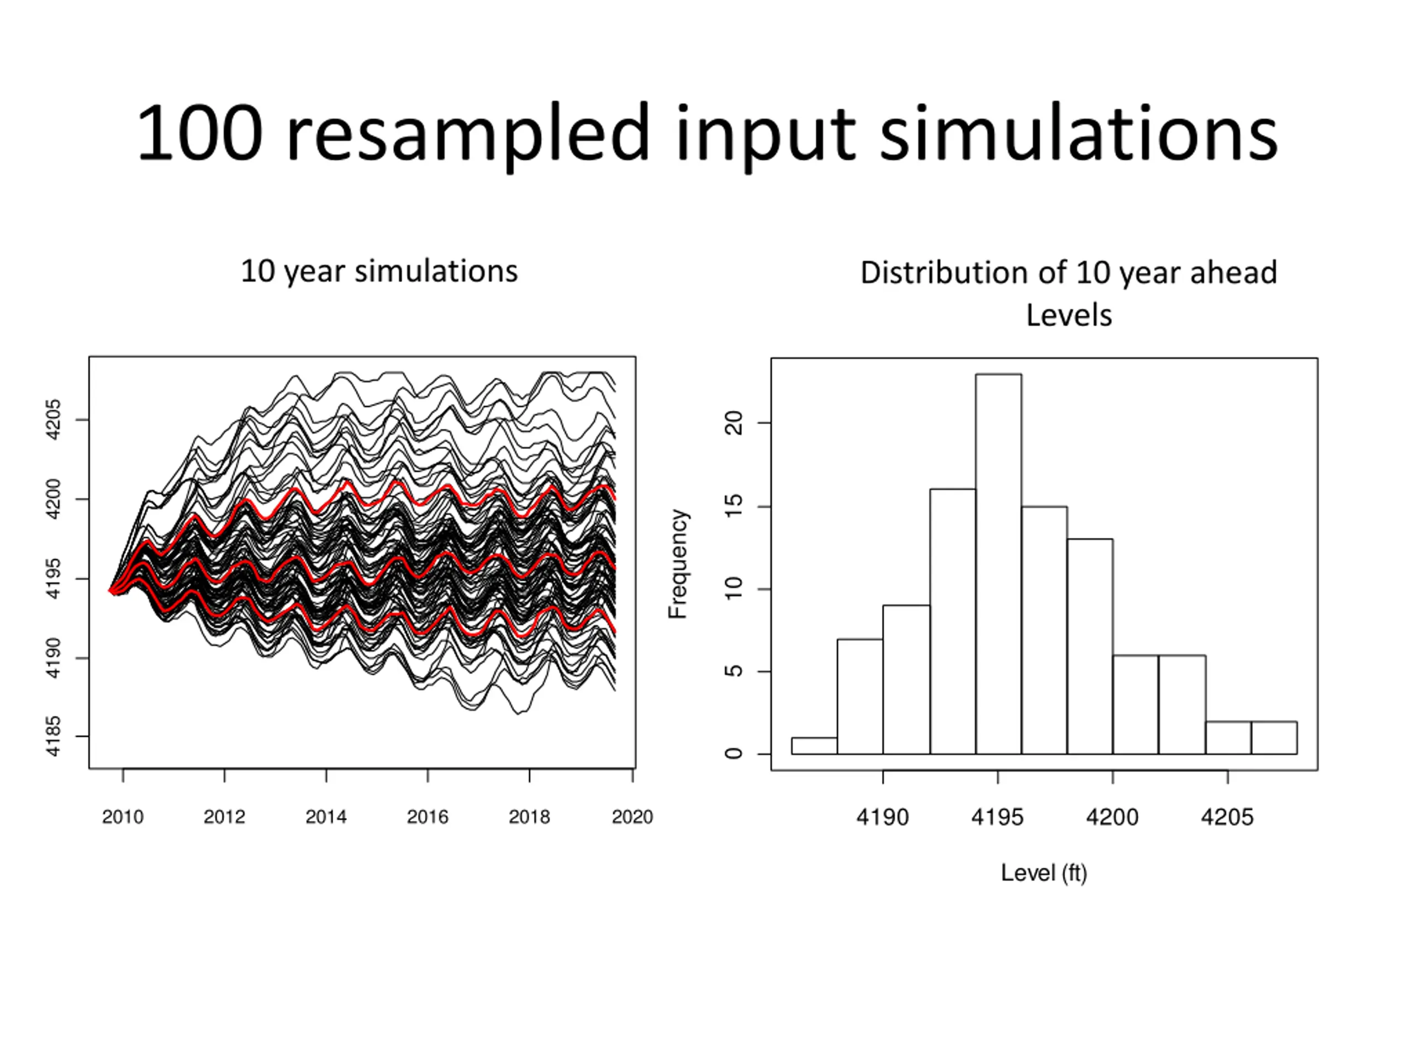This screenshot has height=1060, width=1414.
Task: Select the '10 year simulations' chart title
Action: tap(379, 272)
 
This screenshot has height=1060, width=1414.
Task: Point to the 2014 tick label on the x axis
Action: tap(326, 817)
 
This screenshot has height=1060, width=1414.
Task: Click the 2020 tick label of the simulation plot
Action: tap(632, 817)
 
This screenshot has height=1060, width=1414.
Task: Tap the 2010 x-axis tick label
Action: tap(123, 817)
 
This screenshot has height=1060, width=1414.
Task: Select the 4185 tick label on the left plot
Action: tap(54, 736)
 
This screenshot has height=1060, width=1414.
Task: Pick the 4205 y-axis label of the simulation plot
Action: tap(54, 420)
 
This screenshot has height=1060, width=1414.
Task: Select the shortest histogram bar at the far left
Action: tap(814, 746)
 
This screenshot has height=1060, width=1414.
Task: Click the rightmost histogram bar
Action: tap(1274, 738)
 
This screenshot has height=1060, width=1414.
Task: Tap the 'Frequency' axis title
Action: tap(678, 564)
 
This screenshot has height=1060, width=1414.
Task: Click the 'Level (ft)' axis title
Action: tap(1044, 873)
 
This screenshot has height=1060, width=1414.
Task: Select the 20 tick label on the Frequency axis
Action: tap(735, 423)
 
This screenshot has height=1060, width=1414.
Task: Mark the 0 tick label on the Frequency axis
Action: tap(735, 754)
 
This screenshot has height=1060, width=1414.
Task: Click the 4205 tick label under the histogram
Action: tap(1227, 817)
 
